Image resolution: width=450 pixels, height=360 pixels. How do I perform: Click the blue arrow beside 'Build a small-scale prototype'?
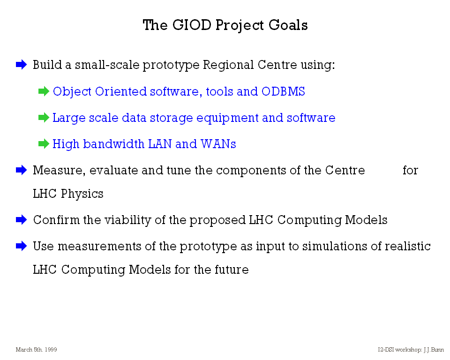[21, 64]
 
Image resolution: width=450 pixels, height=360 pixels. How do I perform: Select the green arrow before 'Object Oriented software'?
[44, 91]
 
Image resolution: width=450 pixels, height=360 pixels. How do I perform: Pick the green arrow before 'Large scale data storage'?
[44, 117]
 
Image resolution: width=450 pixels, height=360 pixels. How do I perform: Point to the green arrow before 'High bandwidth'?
[44, 143]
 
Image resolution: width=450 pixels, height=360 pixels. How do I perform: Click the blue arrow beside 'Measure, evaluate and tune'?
[21, 170]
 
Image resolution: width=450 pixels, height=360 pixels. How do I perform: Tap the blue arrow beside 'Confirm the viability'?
[21, 220]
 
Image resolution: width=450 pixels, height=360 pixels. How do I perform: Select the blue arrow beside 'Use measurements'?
[21, 246]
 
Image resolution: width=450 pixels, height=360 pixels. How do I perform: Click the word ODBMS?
[283, 91]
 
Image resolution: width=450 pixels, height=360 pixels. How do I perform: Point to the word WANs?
[218, 144]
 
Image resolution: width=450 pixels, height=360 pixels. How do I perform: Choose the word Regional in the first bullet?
[228, 65]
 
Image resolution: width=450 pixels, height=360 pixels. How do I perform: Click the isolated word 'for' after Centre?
[411, 170]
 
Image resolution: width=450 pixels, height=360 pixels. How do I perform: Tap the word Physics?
[82, 194]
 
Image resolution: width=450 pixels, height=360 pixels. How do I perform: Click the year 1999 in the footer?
[51, 350]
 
